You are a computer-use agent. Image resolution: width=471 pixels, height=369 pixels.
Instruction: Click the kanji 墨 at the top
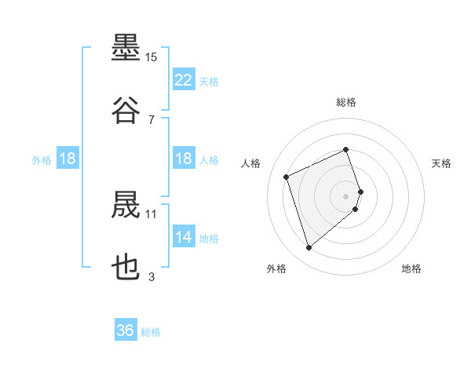[x=126, y=47]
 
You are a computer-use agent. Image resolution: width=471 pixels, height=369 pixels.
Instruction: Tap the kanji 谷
[x=126, y=110]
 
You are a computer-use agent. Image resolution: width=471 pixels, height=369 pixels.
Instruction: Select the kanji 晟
[x=126, y=204]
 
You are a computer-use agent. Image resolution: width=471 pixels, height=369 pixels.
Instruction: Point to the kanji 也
[x=126, y=267]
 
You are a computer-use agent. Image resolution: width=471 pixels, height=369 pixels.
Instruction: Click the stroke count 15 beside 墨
[x=151, y=57]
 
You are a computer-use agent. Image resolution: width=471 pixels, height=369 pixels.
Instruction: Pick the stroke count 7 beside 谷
[x=152, y=120]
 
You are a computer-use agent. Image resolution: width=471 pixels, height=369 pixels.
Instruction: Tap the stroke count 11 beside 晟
[x=151, y=214]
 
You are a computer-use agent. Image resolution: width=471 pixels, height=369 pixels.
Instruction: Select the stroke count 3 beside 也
[x=152, y=276]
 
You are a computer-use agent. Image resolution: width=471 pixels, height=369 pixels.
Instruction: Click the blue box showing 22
[x=184, y=79]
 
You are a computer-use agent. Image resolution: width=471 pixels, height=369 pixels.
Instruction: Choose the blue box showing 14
[x=184, y=236]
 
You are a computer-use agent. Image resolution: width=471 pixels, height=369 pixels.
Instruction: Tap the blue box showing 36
[x=126, y=329]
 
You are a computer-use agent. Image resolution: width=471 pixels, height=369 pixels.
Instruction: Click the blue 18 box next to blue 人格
[x=184, y=158]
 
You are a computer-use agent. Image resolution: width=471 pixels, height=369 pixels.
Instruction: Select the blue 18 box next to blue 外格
[x=68, y=158]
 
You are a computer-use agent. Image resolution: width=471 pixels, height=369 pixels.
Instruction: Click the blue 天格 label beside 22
[x=209, y=82]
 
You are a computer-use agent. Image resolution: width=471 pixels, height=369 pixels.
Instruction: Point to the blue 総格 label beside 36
[x=151, y=332]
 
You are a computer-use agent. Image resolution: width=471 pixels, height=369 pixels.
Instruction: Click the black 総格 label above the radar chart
[x=346, y=102]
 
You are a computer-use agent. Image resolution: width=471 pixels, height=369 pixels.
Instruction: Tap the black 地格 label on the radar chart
[x=411, y=269]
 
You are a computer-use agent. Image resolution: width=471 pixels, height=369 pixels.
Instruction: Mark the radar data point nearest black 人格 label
[x=287, y=177]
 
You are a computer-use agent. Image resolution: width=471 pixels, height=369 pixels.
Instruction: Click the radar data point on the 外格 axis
[x=309, y=248]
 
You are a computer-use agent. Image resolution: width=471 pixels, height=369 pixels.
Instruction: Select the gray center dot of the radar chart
[x=345, y=196]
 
